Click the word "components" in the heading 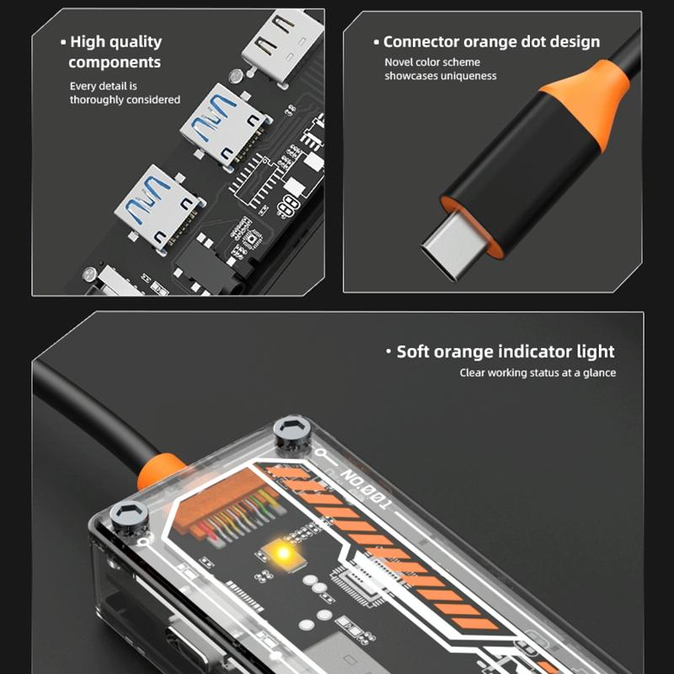point(115,62)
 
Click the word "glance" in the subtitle point(599,373)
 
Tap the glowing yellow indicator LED point(282,553)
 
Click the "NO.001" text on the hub point(366,489)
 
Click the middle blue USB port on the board point(225,124)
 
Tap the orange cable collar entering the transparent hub point(160,472)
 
